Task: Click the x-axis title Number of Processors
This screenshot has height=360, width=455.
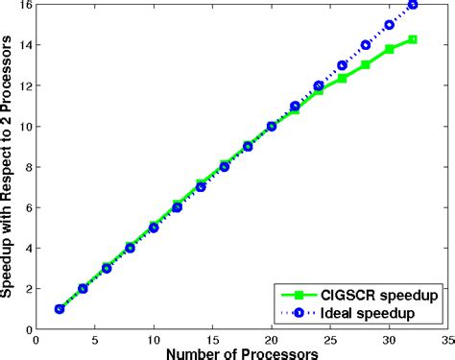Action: point(240,351)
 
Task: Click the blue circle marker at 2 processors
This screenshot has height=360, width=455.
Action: point(60,309)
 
